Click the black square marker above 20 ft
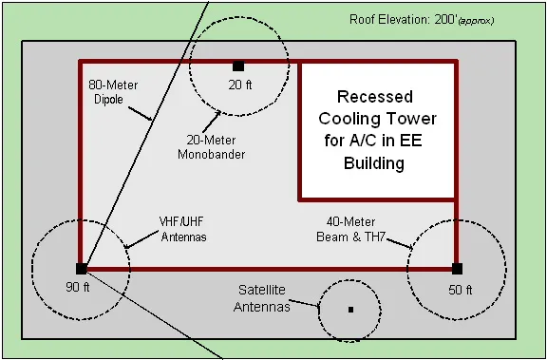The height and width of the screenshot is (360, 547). (238, 66)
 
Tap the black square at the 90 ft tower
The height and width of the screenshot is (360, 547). (81, 269)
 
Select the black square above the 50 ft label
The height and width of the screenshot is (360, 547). (457, 268)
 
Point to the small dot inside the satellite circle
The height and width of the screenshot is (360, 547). (350, 310)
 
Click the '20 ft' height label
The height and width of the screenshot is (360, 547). (238, 84)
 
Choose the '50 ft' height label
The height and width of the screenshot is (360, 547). (460, 288)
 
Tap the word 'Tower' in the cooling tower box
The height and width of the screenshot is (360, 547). (410, 119)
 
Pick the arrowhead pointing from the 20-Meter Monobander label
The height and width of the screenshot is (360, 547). (221, 111)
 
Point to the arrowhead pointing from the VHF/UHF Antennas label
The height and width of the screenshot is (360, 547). (124, 247)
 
